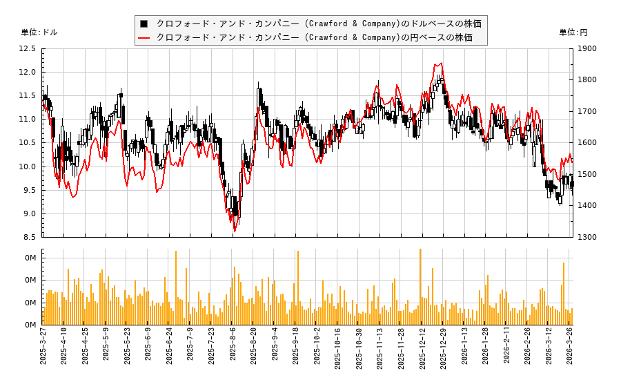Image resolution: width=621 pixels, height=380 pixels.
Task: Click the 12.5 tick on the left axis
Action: coord(28,48)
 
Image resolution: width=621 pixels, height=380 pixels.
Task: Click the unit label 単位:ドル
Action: coord(39,32)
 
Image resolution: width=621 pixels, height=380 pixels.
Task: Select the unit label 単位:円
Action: coord(573,32)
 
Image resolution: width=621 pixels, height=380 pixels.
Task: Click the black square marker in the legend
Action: coord(144,23)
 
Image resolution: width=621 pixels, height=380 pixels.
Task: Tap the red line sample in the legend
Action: coord(144,37)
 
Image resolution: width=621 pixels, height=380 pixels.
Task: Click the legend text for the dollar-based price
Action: coord(319,23)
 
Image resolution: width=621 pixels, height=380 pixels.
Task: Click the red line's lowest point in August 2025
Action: coord(234,231)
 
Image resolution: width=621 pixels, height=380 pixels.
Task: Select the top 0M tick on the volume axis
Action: coord(30,258)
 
